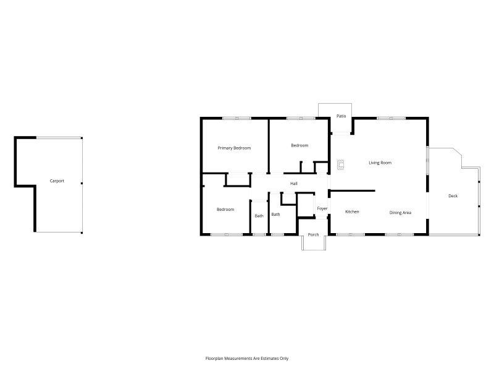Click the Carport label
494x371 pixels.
pyautogui.click(x=57, y=181)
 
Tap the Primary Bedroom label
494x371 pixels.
pyautogui.click(x=234, y=148)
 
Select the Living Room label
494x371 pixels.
pyautogui.click(x=380, y=163)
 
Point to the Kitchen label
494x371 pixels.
pyautogui.click(x=352, y=211)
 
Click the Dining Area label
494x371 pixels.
pyautogui.click(x=400, y=213)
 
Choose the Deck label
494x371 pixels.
pyautogui.click(x=453, y=196)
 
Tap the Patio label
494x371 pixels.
pyautogui.click(x=341, y=116)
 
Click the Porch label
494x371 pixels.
pyautogui.click(x=313, y=235)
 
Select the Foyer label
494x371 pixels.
pyautogui.click(x=322, y=208)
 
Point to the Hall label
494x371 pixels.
pyautogui.click(x=294, y=184)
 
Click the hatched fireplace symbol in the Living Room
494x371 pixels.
pyautogui.click(x=340, y=164)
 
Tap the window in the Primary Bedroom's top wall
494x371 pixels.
pyautogui.click(x=237, y=118)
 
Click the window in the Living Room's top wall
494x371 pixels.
pyautogui.click(x=391, y=118)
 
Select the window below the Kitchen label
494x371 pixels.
pyautogui.click(x=351, y=234)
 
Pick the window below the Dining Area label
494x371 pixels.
pyautogui.click(x=400, y=234)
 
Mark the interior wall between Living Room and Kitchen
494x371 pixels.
pyautogui.click(x=352, y=190)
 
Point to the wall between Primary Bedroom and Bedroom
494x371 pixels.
pyautogui.click(x=269, y=146)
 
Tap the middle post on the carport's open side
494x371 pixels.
pyautogui.click(x=82, y=183)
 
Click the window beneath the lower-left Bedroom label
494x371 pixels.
pyautogui.click(x=227, y=234)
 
